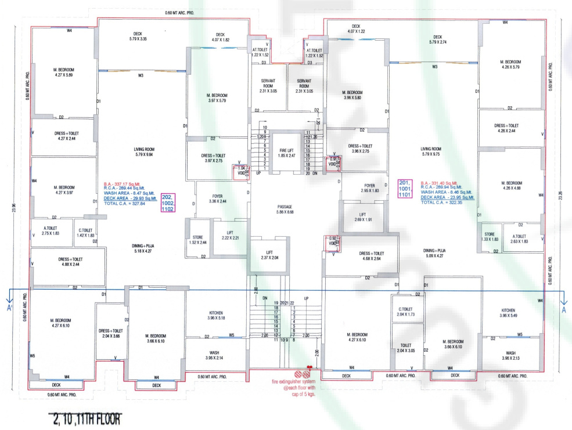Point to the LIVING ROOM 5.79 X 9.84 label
[142, 152]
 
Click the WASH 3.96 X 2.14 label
[214, 355]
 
